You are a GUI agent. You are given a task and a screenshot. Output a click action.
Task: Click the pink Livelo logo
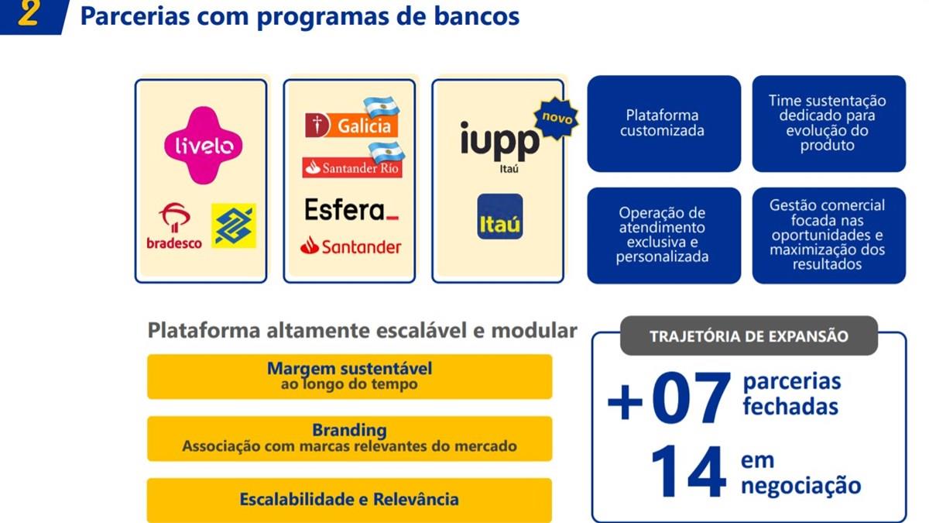coord(203,146)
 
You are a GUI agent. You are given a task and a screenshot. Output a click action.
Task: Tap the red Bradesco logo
coord(174,226)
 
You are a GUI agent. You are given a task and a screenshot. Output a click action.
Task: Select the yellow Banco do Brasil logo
coord(234,225)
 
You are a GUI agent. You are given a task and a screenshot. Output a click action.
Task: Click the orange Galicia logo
coord(351,125)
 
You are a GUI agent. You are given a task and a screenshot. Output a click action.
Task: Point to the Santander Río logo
coord(352,167)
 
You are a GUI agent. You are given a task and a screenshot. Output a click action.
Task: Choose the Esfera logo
coord(351,210)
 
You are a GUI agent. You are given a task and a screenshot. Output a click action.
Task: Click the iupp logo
coord(500,143)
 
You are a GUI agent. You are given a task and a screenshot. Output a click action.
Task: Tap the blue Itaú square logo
coord(500,216)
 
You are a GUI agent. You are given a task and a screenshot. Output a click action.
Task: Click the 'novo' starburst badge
coord(557,118)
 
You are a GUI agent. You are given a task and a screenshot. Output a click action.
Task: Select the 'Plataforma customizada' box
coord(663,123)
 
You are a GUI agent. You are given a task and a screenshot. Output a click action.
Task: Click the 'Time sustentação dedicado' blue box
coord(828,123)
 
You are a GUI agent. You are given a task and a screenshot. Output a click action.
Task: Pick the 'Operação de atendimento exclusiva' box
coord(663,236)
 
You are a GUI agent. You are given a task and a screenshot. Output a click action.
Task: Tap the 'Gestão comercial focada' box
coord(828,236)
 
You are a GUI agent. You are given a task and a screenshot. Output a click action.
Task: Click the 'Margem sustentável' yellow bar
coord(350,377)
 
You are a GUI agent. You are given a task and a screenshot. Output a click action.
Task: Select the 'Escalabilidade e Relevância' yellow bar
coord(350,500)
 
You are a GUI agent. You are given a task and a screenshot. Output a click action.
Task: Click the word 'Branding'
coord(349,430)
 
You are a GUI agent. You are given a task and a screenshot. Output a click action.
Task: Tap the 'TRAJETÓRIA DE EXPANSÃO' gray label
coord(749,335)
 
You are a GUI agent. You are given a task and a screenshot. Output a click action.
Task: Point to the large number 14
coord(688,472)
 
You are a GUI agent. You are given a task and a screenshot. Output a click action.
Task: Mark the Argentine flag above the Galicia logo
coord(382,107)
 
